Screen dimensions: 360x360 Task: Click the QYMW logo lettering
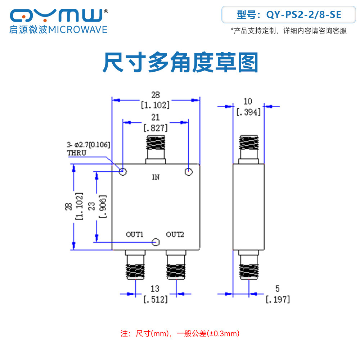57,15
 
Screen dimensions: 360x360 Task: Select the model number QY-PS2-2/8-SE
303,15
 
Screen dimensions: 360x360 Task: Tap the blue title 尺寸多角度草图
180,62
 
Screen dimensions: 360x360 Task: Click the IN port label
156,177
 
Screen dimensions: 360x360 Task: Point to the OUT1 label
135,234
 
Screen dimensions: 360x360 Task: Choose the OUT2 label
175,234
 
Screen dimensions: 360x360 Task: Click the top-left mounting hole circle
123,171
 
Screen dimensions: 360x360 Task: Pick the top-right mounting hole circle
189,171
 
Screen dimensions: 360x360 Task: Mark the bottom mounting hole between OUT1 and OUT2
156,242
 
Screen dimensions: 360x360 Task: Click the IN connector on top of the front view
156,149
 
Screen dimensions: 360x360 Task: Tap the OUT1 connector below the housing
135,265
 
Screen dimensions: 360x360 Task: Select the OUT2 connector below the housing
176,265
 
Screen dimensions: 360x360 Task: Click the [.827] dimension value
156,128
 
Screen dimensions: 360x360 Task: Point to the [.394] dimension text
249,112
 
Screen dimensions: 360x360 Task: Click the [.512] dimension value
156,300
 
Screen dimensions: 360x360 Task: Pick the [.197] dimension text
278,300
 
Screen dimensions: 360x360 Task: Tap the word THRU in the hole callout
77,153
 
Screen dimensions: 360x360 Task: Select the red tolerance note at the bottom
180,333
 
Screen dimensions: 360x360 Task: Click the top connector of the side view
249,149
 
